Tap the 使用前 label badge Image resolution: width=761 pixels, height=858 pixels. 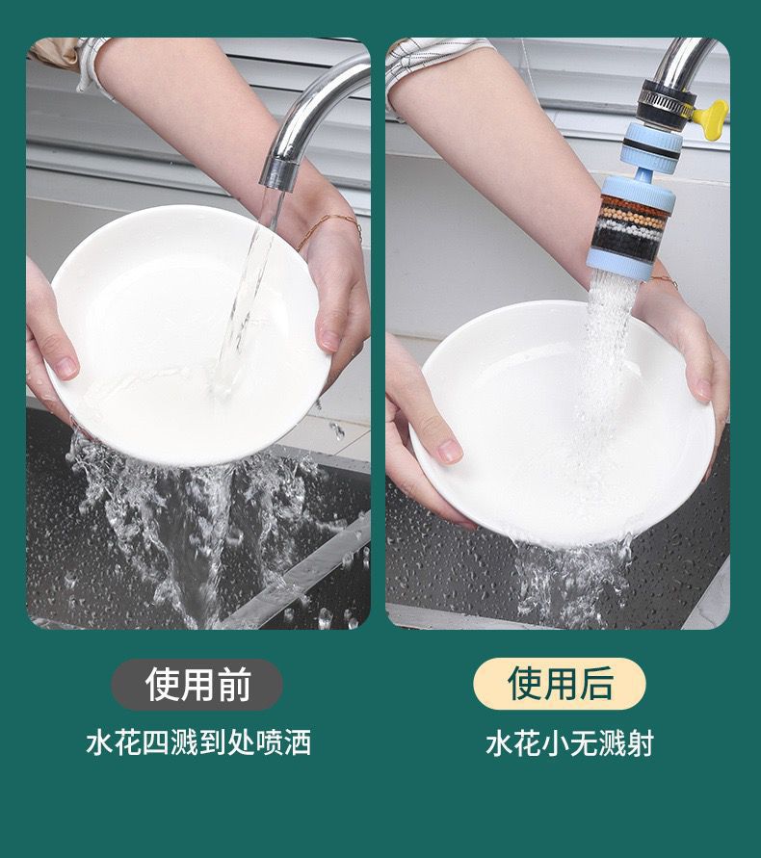[x=197, y=684]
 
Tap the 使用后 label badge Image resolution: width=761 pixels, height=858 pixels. [x=560, y=684]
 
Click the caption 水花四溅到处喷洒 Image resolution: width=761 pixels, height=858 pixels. [x=198, y=742]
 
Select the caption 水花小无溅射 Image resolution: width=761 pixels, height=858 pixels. [x=570, y=743]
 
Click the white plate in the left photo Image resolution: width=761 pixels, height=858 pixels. [x=189, y=335]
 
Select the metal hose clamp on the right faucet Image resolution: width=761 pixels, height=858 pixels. [x=668, y=98]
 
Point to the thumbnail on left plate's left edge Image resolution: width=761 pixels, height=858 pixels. [x=66, y=368]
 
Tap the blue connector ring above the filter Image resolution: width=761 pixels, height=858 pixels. [x=651, y=145]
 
